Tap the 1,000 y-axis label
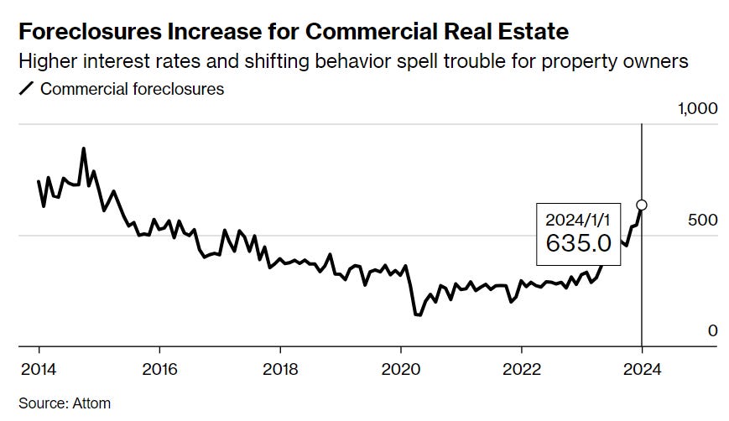coord(697,108)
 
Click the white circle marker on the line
coord(642,205)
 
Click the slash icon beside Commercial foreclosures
coord(26,88)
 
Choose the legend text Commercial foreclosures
coord(132,88)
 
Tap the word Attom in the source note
coord(91,403)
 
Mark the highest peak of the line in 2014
coord(83,148)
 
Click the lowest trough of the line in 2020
coord(417,314)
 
